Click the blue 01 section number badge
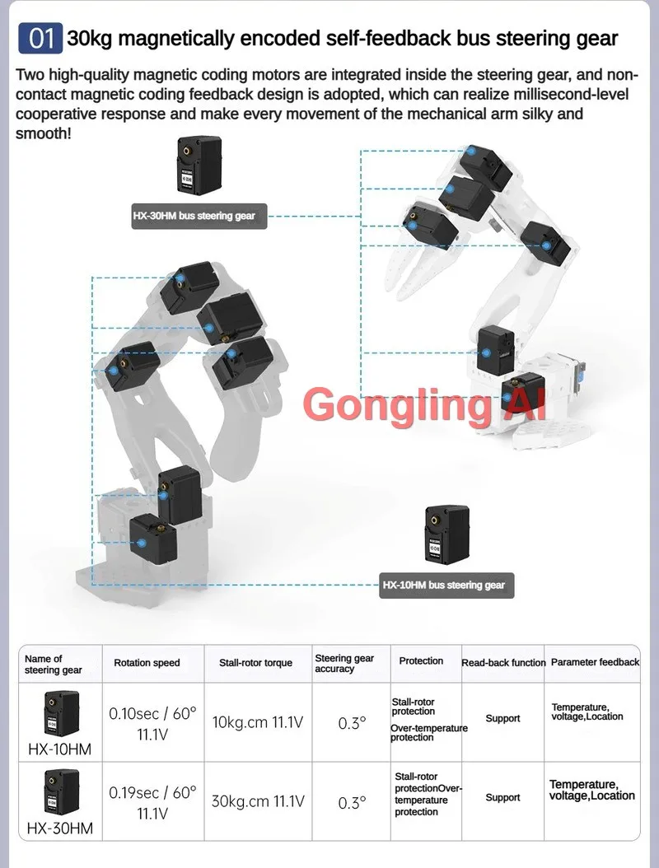[40, 39]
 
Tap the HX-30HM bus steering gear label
[199, 216]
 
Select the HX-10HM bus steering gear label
[446, 586]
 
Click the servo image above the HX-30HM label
[199, 165]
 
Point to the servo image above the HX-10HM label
[447, 534]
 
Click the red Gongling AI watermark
[425, 404]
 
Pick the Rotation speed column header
[147, 663]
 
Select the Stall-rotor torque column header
[256, 663]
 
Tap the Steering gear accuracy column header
[344, 663]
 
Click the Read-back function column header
[503, 663]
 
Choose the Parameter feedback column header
[595, 662]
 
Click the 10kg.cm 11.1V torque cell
[258, 722]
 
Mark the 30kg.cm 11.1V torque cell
[258, 801]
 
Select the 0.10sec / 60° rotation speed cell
[153, 724]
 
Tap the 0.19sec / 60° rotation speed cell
[153, 802]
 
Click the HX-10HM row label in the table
[60, 749]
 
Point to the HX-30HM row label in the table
[60, 828]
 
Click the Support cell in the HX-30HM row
[502, 797]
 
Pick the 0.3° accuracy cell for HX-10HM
[353, 723]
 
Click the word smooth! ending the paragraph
[44, 134]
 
